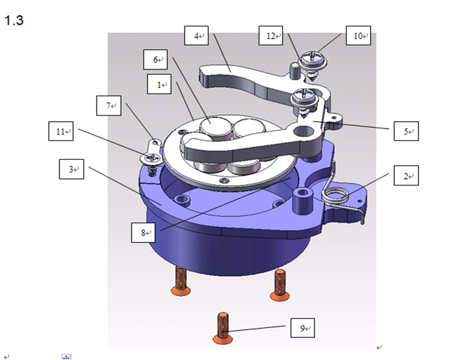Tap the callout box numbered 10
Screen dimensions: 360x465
coord(358,36)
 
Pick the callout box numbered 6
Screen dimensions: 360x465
coord(156,60)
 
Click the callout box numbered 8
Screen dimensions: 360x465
coord(144,233)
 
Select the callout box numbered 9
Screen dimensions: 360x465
coord(303,328)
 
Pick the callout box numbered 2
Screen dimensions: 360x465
coord(406,176)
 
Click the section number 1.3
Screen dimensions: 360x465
coord(13,20)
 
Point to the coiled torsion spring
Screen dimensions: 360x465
coord(337,196)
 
